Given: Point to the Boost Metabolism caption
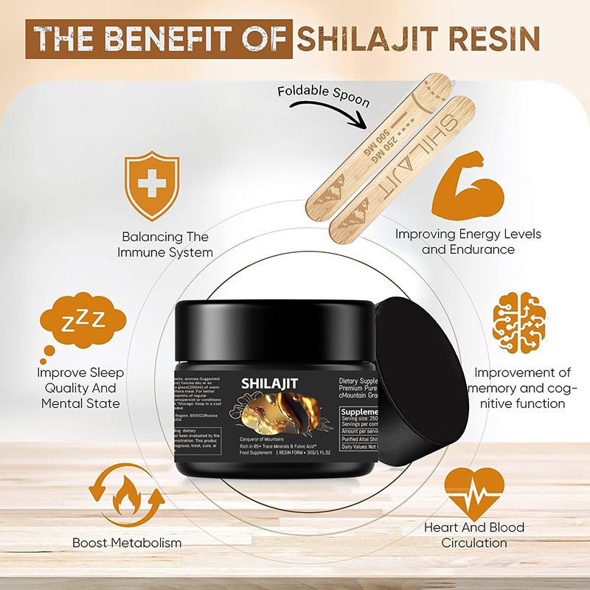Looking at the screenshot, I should [x=127, y=543].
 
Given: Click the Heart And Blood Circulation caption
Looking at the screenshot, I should [x=474, y=535].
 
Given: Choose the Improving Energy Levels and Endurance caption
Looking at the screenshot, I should [x=468, y=241].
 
